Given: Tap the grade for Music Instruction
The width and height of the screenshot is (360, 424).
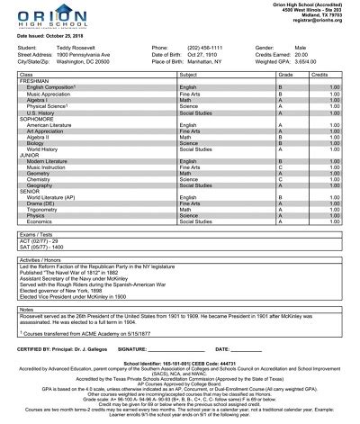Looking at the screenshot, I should pos(281,167).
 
